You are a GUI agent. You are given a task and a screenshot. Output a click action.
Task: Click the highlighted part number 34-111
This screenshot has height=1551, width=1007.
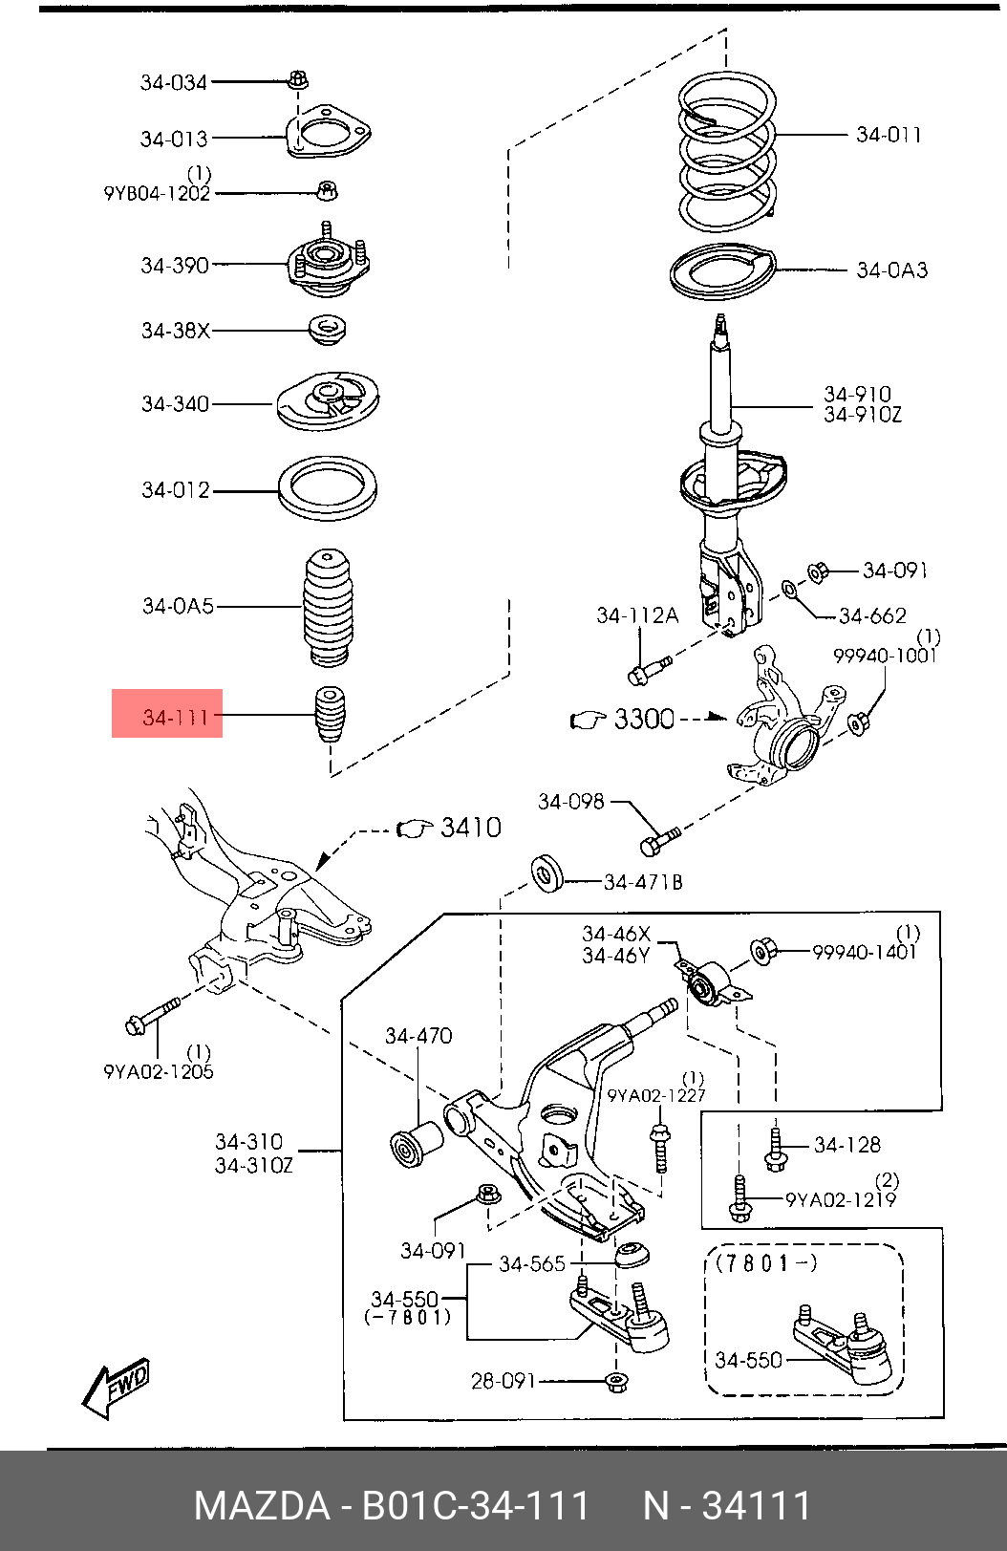[x=175, y=717]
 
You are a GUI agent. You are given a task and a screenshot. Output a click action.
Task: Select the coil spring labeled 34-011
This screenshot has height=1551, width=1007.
[x=726, y=155]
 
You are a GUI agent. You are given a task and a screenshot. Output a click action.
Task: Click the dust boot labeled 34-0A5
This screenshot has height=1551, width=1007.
[x=328, y=607]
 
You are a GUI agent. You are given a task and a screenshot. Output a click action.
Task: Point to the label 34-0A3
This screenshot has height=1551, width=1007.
[x=891, y=269]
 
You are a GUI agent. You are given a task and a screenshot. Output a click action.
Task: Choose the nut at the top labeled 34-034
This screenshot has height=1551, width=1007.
[x=297, y=79]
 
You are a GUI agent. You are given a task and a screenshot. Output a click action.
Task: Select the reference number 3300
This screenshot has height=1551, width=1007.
[x=644, y=719]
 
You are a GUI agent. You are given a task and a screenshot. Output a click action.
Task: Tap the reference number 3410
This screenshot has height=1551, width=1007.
[x=471, y=828]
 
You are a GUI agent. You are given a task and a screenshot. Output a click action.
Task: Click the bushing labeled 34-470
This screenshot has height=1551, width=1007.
[x=416, y=1145]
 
